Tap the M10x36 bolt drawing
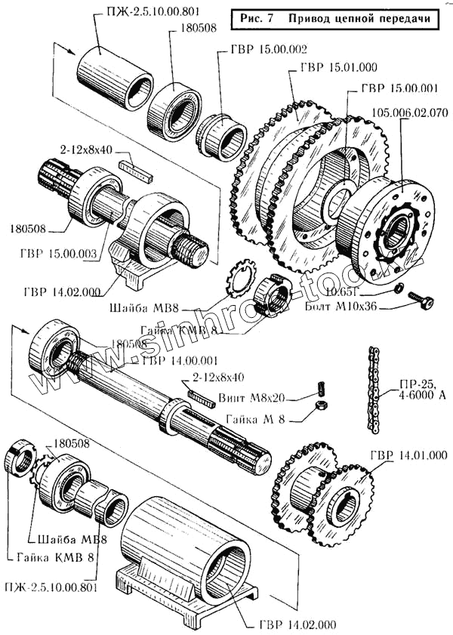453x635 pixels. (x=420, y=301)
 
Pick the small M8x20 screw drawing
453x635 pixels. (x=319, y=390)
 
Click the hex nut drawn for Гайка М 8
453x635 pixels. (x=319, y=408)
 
